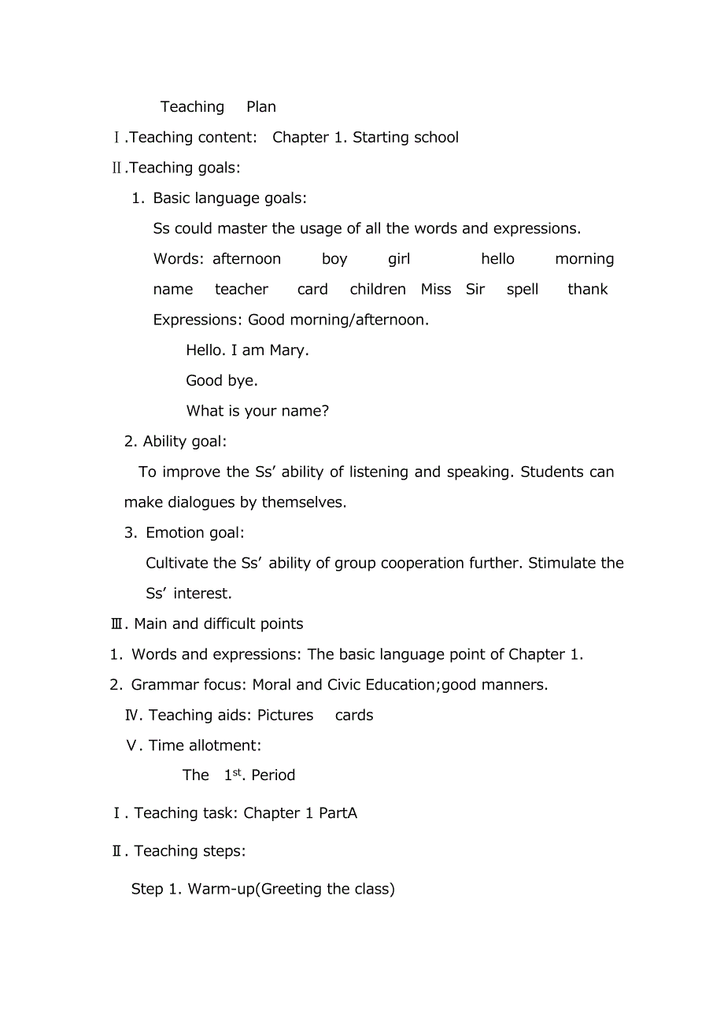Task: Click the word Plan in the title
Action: click(x=261, y=107)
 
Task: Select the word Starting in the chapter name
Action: click(x=381, y=138)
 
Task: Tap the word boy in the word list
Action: click(x=334, y=259)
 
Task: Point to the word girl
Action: click(x=399, y=259)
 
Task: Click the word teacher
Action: click(x=242, y=290)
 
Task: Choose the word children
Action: click(x=378, y=290)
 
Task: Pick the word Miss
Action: click(x=436, y=290)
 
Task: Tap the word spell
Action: click(x=523, y=290)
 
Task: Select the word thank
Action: click(x=588, y=290)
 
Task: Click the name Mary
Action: click(x=287, y=350)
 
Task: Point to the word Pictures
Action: click(x=285, y=716)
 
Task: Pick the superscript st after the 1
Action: click(x=237, y=772)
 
